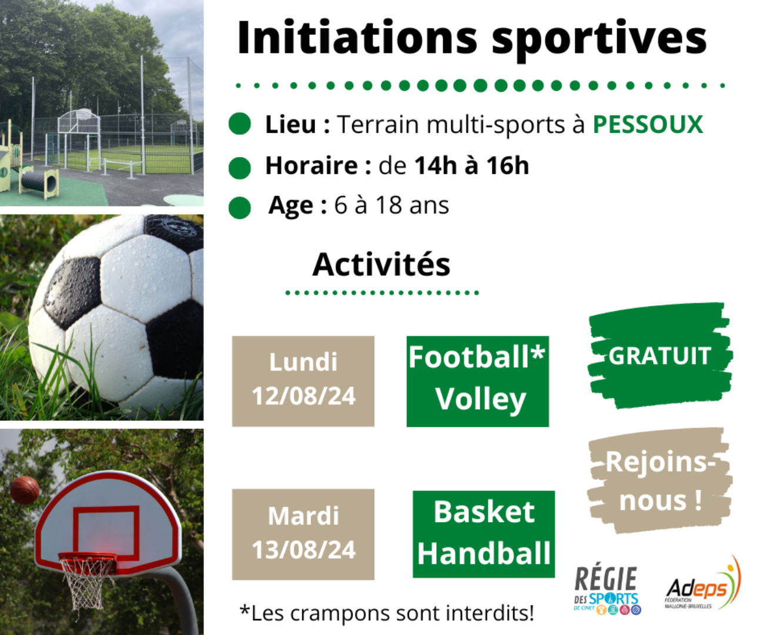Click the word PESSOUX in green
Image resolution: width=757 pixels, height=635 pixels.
[x=648, y=125]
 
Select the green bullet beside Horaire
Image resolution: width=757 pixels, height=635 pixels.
[x=240, y=168]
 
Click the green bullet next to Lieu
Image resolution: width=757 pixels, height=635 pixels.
[x=240, y=123]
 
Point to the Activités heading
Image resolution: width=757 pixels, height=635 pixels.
[x=381, y=264]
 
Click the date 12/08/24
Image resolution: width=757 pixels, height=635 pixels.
[x=303, y=396]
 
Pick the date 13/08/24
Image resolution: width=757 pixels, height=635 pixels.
[x=303, y=549]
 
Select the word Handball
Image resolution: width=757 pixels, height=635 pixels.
[x=484, y=553]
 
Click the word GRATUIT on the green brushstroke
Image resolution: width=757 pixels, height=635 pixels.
[x=659, y=356]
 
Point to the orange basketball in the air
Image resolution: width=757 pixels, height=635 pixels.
[x=24, y=490]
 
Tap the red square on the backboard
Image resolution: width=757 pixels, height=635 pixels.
[x=106, y=533]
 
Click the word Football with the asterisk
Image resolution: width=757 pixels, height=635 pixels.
[x=477, y=357]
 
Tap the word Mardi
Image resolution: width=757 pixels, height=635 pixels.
[x=303, y=516]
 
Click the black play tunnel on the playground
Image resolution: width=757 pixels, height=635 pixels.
[x=40, y=181]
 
